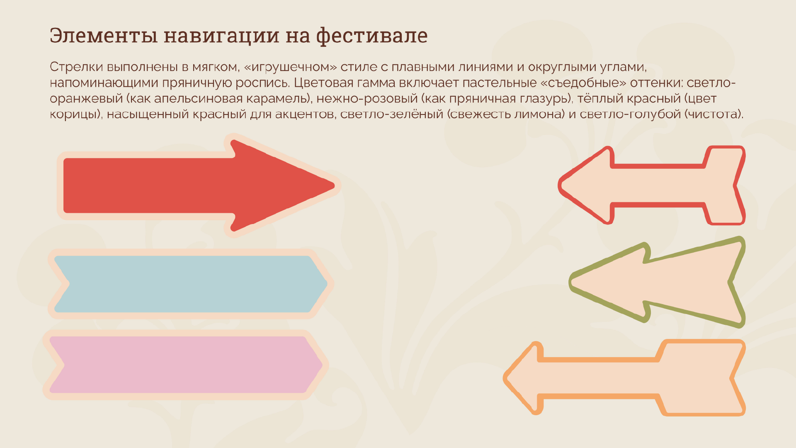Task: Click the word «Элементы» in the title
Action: (104, 36)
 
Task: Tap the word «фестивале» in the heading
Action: (372, 36)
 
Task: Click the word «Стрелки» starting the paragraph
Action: (76, 67)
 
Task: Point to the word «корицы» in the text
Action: (75, 114)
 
